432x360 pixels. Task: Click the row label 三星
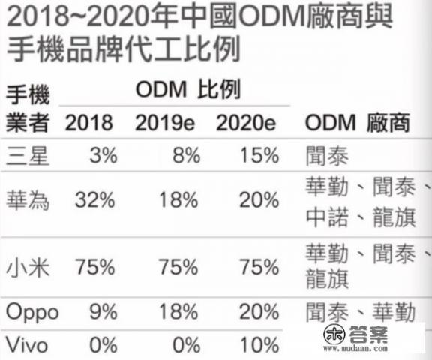[28, 155]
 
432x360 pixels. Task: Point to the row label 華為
[28, 200]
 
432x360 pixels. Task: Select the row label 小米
[28, 268]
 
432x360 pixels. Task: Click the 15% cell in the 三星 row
[258, 155]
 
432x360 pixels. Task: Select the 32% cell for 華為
[94, 200]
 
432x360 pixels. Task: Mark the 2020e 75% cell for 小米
[258, 268]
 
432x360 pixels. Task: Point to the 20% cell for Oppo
[258, 313]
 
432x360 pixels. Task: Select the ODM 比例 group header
[187, 91]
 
